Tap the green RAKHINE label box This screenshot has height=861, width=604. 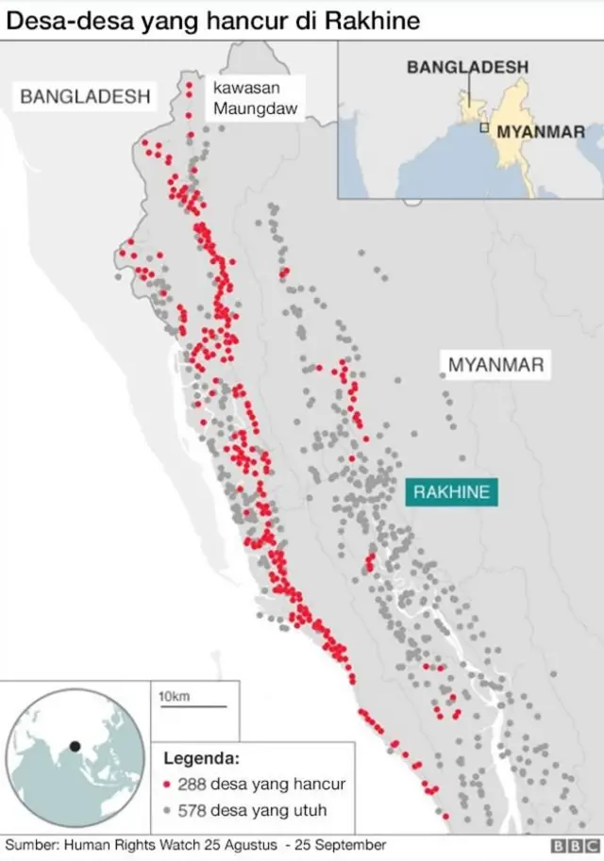[x=452, y=492]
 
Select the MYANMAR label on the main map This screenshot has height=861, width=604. [x=495, y=365]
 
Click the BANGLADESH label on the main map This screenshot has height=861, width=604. [x=85, y=96]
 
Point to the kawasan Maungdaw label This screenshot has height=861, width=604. [x=255, y=98]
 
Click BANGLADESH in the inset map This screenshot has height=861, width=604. [x=467, y=67]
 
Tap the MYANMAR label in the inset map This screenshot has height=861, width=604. [x=541, y=131]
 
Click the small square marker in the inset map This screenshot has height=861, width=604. [x=485, y=127]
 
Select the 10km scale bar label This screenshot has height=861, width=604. [x=174, y=697]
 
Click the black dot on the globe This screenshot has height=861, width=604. [x=75, y=747]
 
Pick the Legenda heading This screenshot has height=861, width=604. [x=202, y=758]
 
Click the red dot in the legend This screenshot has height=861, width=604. [x=166, y=785]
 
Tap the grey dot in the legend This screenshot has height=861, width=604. [x=166, y=810]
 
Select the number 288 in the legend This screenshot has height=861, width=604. [x=192, y=785]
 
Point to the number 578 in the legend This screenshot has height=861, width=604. [x=192, y=810]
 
